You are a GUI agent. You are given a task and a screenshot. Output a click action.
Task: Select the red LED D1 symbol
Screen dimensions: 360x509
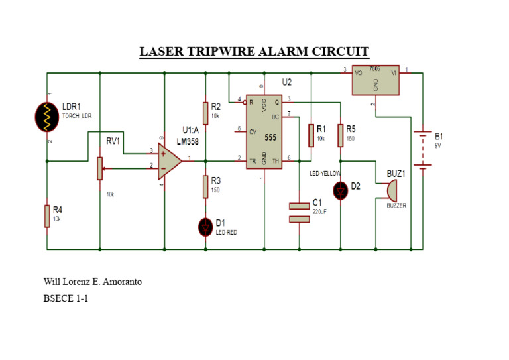pos(205,227)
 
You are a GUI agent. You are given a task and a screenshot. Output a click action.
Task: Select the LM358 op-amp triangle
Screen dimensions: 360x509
pos(170,161)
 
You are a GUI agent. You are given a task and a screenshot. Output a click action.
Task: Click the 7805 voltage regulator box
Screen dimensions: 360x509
pos(376,80)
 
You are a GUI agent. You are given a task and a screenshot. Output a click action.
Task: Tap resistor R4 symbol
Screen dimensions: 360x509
pos(47,216)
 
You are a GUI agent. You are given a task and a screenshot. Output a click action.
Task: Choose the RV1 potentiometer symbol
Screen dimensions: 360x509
pos(99,168)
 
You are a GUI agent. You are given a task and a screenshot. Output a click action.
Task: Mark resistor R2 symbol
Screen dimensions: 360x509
pos(205,113)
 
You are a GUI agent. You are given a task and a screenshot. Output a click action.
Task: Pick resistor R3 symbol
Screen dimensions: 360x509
pos(205,186)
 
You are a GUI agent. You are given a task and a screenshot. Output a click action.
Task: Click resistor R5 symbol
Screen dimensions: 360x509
pos(340,135)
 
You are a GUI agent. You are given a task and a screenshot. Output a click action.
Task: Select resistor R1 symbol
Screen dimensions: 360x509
pos(310,135)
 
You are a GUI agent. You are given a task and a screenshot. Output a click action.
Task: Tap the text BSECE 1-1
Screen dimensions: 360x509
pos(66,299)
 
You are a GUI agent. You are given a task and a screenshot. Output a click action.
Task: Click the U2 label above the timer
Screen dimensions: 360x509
pos(286,82)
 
